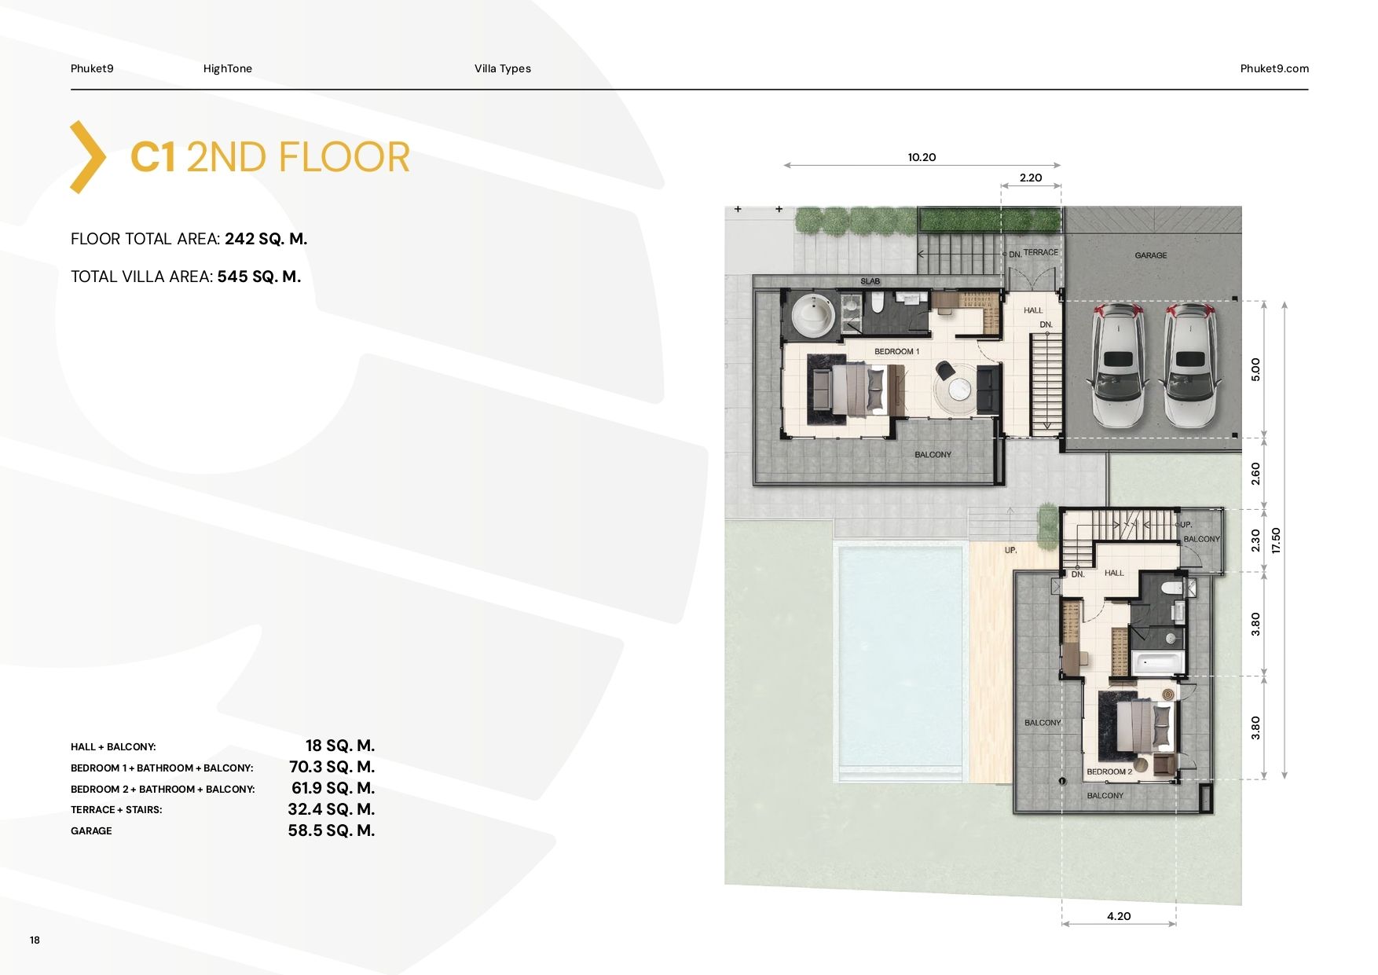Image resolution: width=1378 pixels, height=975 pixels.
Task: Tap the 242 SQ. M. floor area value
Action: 266,239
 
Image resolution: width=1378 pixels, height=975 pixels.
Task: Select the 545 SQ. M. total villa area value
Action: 259,277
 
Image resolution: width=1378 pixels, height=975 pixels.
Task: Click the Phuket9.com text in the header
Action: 1274,68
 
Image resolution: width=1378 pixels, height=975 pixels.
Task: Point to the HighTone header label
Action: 228,68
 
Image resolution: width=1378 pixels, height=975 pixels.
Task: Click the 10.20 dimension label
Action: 922,157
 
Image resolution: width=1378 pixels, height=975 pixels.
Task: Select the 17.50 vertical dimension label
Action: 1276,541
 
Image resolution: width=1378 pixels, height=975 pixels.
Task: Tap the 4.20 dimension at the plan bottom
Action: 1119,916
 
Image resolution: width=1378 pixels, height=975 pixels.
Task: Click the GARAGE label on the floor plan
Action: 1151,255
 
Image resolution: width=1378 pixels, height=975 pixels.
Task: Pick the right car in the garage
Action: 1191,365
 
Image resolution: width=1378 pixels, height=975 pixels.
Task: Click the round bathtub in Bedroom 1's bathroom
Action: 814,315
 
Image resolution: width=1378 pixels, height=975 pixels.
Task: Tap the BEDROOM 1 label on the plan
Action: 896,351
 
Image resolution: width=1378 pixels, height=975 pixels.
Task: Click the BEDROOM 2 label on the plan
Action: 1109,772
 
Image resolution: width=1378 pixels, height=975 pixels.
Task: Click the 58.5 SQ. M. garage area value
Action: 332,830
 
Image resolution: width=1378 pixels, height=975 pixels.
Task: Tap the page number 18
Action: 35,940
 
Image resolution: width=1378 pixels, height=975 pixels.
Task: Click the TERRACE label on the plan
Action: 1040,252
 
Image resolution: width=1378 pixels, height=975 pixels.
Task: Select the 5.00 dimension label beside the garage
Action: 1255,369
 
